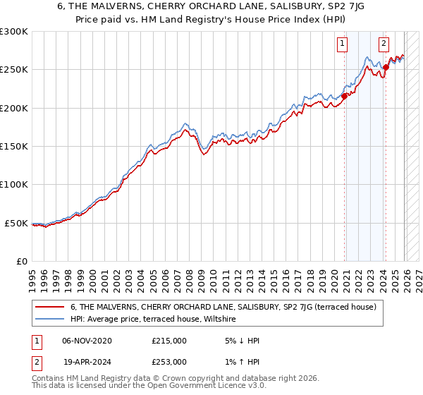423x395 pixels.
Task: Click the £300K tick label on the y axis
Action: (x=14, y=32)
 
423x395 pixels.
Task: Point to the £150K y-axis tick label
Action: (x=14, y=146)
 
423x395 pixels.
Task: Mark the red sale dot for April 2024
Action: (x=386, y=68)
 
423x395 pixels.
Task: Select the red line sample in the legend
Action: (x=50, y=307)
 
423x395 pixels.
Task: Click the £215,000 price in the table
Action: (x=169, y=341)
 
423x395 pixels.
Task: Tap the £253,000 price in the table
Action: (x=169, y=361)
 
